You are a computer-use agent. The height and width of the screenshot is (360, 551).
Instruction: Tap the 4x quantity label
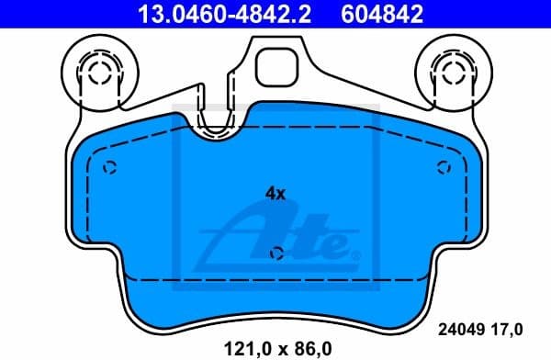tap(275, 194)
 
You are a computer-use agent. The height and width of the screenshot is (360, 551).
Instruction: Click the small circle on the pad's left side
tap(110, 167)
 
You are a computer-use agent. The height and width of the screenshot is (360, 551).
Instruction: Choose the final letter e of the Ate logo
tap(337, 245)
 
